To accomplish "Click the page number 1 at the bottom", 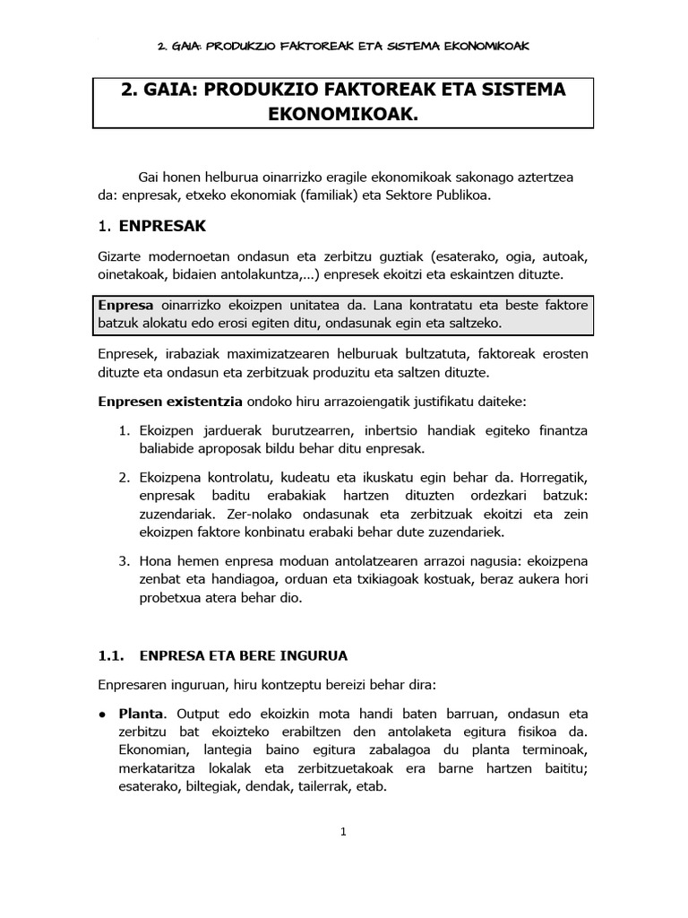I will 343,832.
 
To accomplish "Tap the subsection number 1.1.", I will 113,655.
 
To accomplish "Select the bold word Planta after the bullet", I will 142,714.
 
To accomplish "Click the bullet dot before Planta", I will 104,714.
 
